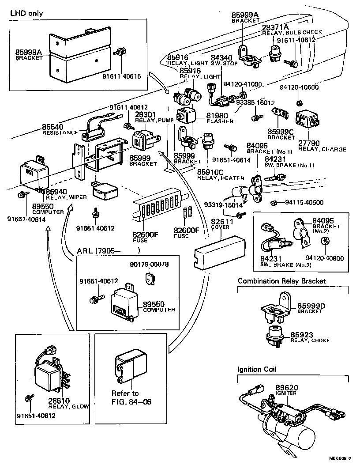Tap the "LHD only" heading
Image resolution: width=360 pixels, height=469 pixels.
[x=26, y=13]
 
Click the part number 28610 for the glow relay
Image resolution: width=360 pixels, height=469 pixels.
[x=60, y=401]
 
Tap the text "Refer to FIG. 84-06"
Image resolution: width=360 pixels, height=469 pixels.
[x=125, y=397]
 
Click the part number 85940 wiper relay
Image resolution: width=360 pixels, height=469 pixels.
[x=56, y=191]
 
